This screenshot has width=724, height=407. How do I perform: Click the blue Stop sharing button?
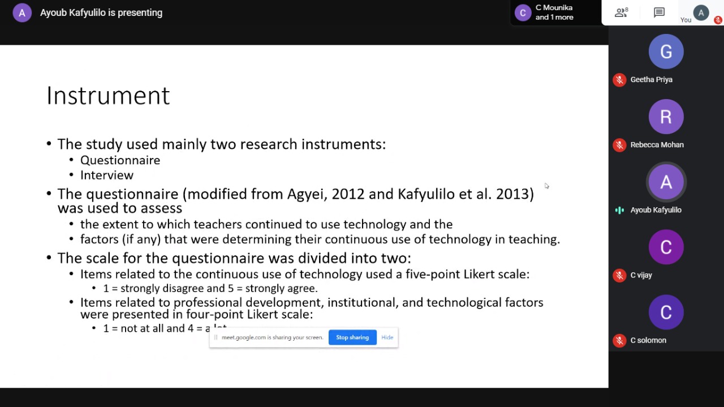[352, 337]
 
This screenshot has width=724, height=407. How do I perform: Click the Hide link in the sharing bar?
[387, 337]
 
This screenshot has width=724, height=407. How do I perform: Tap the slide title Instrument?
[108, 96]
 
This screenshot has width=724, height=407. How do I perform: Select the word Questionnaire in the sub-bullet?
[120, 160]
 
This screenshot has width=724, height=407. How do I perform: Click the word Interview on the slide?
[107, 175]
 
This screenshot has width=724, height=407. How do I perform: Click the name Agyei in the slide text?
[307, 194]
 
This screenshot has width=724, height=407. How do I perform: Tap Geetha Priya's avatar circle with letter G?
[666, 52]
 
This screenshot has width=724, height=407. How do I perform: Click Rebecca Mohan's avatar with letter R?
[666, 117]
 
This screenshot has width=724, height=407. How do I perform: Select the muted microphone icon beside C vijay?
[619, 275]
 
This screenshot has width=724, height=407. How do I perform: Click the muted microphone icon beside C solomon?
[619, 341]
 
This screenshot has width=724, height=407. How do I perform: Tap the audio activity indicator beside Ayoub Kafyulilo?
[619, 211]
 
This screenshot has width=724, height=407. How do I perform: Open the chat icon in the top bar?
[659, 12]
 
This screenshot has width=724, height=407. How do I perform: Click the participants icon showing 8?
[621, 12]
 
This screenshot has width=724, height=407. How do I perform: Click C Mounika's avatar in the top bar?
[523, 13]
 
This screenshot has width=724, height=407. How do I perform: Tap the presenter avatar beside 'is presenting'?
[22, 13]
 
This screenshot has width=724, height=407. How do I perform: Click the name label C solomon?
[648, 340]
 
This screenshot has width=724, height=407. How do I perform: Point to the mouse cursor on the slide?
[546, 186]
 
